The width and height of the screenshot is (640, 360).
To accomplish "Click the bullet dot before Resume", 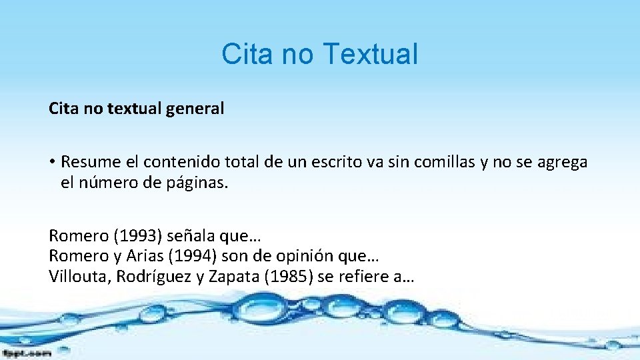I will pyautogui.click(x=52, y=162).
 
